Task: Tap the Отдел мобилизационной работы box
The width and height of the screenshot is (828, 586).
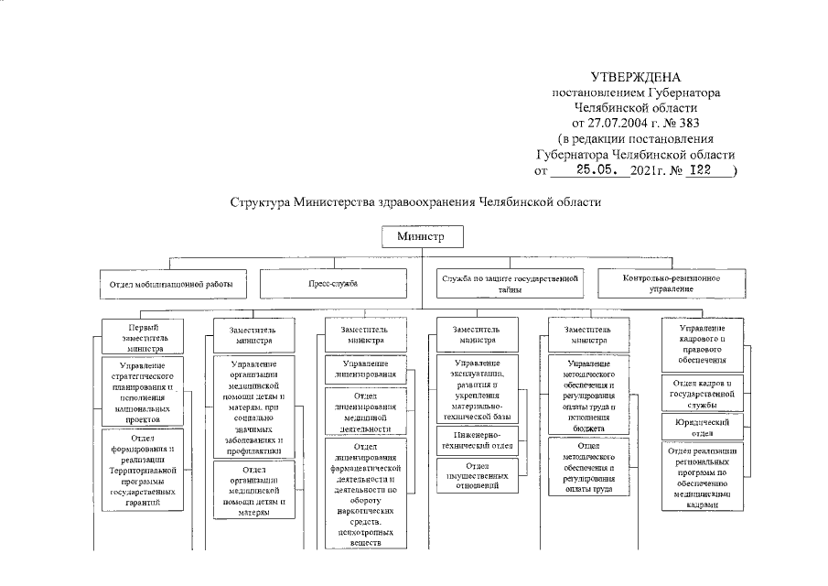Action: coord(172,284)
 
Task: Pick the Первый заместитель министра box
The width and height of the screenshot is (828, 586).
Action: coord(140,337)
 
